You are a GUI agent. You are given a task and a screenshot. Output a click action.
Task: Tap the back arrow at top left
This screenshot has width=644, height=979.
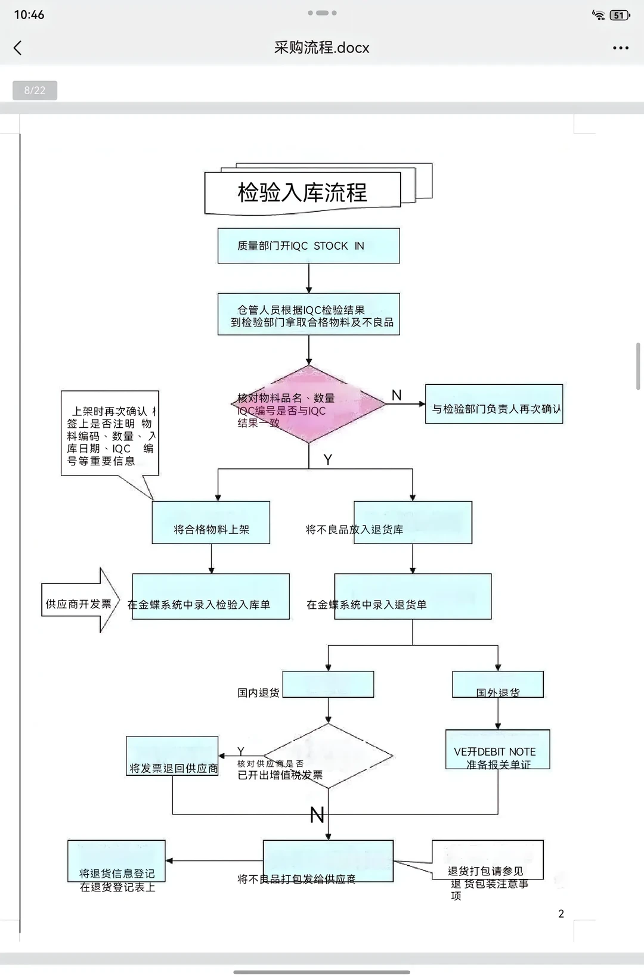click(x=18, y=48)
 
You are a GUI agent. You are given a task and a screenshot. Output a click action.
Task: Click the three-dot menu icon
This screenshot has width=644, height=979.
click(x=620, y=48)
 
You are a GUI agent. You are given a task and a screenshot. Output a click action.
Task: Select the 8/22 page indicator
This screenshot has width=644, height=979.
click(x=35, y=91)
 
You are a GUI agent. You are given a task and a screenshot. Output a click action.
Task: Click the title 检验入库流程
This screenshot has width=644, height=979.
click(x=302, y=192)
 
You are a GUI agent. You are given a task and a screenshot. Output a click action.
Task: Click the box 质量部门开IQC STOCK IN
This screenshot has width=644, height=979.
click(x=308, y=245)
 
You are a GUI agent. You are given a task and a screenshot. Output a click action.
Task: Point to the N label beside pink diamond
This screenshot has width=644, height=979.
click(x=397, y=395)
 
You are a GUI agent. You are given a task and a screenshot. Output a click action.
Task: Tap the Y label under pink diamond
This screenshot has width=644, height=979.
click(x=327, y=459)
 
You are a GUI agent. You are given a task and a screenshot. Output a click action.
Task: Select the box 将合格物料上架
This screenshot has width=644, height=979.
click(x=211, y=523)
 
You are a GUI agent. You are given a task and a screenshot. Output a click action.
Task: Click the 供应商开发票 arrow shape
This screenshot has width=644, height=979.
click(x=79, y=600)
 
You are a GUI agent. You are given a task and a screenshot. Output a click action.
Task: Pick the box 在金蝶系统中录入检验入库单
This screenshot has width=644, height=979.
click(x=210, y=597)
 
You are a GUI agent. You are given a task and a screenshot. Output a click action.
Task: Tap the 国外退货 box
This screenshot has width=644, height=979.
click(x=498, y=685)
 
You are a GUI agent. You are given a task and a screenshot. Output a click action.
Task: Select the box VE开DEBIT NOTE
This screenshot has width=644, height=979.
click(x=498, y=750)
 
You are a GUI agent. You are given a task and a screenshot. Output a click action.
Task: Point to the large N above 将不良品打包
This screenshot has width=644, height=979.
click(x=317, y=815)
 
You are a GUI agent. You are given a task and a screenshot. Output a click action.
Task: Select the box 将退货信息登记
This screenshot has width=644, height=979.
click(x=117, y=862)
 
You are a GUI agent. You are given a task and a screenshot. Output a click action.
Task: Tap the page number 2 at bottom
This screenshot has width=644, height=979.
click(x=561, y=913)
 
